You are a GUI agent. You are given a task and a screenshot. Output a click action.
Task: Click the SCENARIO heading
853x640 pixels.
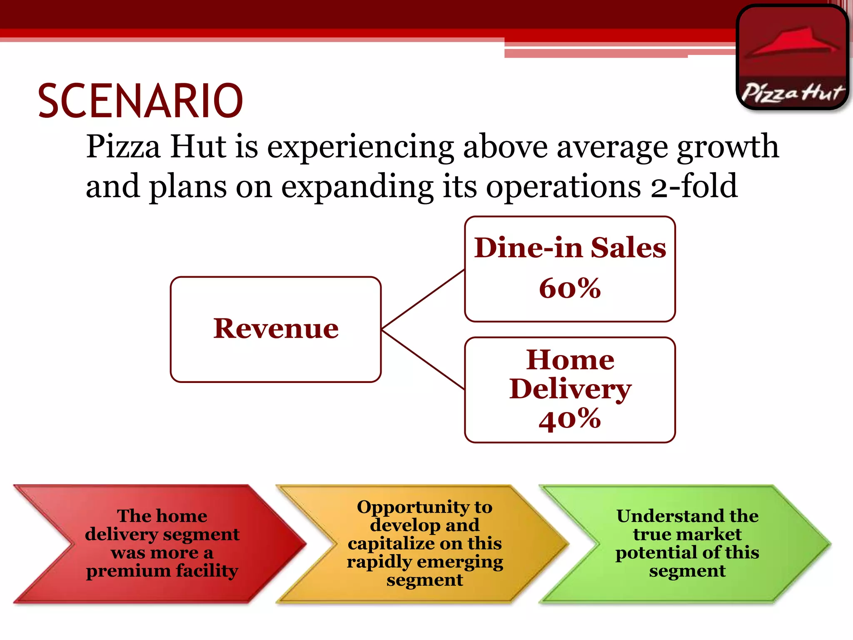[140, 101]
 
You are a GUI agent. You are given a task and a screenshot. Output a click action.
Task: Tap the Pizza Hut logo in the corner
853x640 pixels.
[793, 57]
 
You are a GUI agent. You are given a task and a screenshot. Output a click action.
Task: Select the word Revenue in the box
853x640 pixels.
[276, 329]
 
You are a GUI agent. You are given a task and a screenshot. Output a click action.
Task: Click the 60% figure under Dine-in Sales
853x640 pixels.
[570, 288]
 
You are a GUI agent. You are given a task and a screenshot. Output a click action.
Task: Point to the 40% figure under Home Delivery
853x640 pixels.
[570, 419]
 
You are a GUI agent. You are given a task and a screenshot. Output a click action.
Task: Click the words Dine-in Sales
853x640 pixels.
[570, 248]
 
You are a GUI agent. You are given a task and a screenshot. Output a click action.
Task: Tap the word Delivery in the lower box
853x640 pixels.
[570, 389]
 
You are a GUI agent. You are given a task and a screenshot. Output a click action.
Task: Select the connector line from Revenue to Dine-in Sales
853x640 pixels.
[423, 299]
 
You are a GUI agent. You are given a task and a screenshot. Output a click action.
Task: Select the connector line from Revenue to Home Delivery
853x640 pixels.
[423, 360]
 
